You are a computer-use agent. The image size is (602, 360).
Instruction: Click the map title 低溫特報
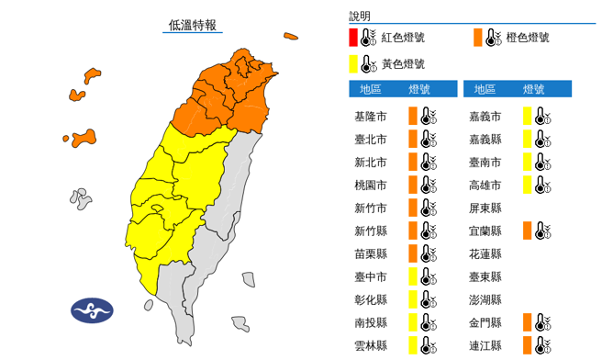[193, 25]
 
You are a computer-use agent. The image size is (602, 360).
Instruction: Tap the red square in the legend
[353, 38]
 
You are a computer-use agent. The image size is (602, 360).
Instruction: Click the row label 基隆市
[370, 116]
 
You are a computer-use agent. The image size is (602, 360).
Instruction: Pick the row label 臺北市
[370, 139]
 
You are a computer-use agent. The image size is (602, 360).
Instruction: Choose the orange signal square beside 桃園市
[413, 185]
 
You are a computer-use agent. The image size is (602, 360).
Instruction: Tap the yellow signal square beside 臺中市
[413, 276]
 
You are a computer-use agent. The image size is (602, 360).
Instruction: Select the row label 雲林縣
[370, 345]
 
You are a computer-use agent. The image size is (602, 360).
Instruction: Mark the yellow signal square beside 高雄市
[528, 185]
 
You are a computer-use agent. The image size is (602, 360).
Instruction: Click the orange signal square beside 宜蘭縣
[528, 231]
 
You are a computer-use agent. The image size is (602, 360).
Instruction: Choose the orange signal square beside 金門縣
[528, 322]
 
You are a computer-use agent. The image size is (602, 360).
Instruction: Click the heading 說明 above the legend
[360, 16]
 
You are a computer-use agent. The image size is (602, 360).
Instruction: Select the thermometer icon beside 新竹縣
[426, 231]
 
